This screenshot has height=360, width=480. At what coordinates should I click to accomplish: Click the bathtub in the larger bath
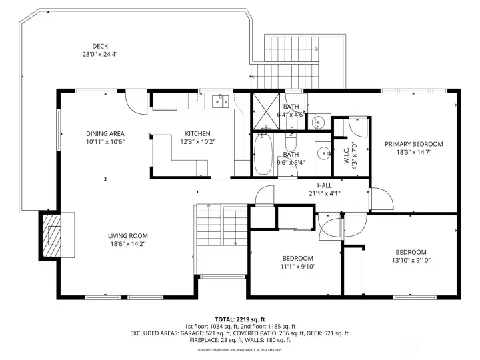(261, 153)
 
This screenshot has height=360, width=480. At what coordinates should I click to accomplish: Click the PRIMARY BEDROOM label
(413, 144)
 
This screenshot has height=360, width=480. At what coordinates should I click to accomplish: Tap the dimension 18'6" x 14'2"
(128, 244)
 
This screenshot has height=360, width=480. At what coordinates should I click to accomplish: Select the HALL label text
(324, 186)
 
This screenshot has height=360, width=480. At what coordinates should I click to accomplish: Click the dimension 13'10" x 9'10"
(413, 260)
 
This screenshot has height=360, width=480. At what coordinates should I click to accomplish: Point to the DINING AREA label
(105, 133)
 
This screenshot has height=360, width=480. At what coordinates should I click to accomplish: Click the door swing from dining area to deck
(136, 101)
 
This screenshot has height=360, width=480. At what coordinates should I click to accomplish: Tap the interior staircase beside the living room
(220, 237)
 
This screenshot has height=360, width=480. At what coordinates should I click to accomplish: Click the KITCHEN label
(197, 133)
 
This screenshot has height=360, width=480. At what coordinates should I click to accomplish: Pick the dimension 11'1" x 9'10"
(297, 267)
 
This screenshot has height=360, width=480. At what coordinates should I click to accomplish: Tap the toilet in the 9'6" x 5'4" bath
(291, 144)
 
